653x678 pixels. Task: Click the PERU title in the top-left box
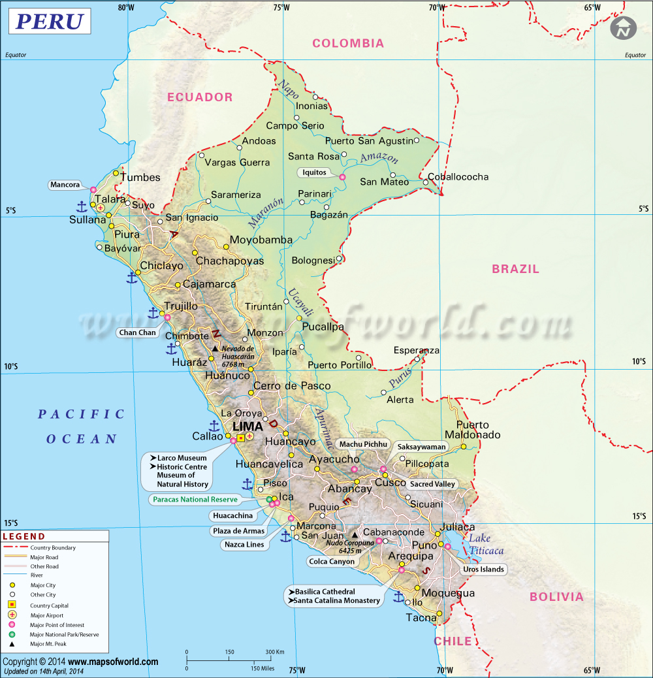tap(50, 22)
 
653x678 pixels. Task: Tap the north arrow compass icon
tap(623, 28)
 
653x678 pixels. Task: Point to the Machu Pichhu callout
tap(364, 444)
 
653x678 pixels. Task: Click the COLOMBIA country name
tap(348, 44)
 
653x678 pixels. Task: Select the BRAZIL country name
tap(515, 268)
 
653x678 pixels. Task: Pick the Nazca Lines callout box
tap(244, 544)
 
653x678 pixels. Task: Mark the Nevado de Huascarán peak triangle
tap(214, 349)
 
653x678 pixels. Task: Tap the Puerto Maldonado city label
tap(473, 430)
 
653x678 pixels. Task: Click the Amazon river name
tap(379, 157)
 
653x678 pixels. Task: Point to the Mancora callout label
tap(65, 185)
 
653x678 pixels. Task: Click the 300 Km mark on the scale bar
tap(275, 652)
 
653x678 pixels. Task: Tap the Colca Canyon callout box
tap(332, 561)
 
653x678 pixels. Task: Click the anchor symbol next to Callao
tap(214, 427)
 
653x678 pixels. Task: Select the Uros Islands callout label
tap(483, 569)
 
